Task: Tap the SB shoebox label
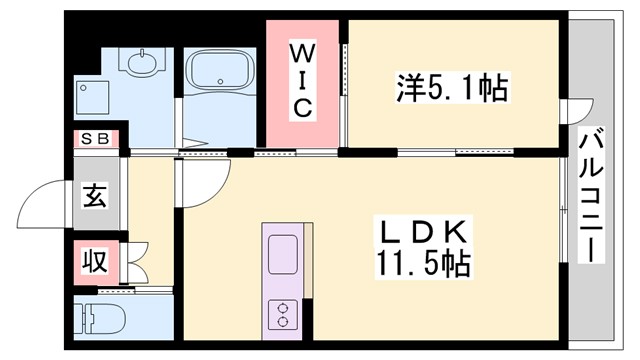tap(97, 139)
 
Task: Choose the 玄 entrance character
tap(95, 197)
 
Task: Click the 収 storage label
tap(94, 262)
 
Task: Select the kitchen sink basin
tap(281, 247)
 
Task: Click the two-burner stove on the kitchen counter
tap(281, 314)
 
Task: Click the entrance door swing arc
tap(45, 205)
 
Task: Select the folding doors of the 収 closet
tap(139, 262)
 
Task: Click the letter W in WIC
tap(305, 50)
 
